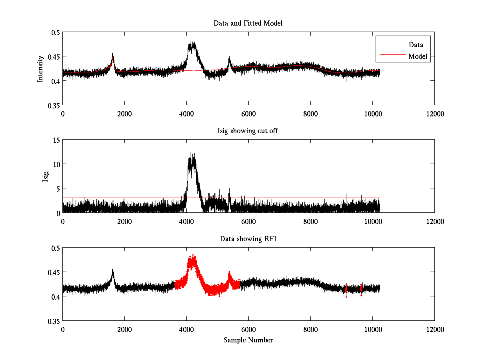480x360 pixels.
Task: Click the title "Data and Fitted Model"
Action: pyautogui.click(x=248, y=23)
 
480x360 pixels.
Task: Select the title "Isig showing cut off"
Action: pyautogui.click(x=248, y=131)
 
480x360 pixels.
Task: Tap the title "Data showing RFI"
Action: pyautogui.click(x=248, y=239)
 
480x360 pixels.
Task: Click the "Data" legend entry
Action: pyautogui.click(x=416, y=44)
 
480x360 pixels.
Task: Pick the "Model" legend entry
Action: pyautogui.click(x=418, y=56)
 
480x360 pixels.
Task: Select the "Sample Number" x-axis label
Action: pyautogui.click(x=248, y=340)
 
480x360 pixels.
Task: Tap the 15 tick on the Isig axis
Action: pyautogui.click(x=56, y=140)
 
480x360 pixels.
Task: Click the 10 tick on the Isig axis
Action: pyautogui.click(x=56, y=164)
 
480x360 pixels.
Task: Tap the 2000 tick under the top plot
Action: pyautogui.click(x=124, y=114)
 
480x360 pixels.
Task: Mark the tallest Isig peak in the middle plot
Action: pyautogui.click(x=193, y=150)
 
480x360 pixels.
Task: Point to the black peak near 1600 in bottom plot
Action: pyautogui.click(x=112, y=270)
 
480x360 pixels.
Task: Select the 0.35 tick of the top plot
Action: pyautogui.click(x=53, y=105)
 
